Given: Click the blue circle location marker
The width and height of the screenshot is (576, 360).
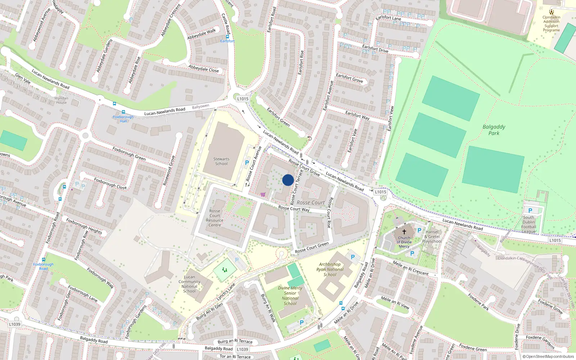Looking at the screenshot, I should (x=288, y=180).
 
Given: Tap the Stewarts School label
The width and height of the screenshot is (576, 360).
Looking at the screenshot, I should (x=221, y=161).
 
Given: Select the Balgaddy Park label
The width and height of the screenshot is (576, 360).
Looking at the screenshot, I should (x=494, y=130).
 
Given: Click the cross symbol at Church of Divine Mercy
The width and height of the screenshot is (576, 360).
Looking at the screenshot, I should (x=404, y=232).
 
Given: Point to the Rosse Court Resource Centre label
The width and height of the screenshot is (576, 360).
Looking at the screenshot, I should (x=215, y=218).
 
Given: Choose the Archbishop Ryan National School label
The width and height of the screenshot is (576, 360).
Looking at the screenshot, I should (x=330, y=269).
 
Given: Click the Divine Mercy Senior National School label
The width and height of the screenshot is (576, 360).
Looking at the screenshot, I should (x=290, y=296).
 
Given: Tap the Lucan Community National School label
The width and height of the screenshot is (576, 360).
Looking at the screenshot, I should (x=189, y=284).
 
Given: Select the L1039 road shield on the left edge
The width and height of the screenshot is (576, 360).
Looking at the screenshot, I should (x=15, y=324).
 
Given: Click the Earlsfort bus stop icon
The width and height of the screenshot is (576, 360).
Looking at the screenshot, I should (x=227, y=37).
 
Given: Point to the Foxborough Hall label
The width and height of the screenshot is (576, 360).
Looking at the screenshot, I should (x=123, y=119).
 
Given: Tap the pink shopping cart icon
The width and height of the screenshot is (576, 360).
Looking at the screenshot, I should (x=263, y=195).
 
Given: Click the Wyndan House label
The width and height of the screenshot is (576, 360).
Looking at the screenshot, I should (x=61, y=100).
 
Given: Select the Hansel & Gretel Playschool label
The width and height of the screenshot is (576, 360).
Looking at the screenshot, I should (x=432, y=237).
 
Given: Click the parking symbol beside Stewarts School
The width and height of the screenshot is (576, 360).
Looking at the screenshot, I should (x=247, y=163).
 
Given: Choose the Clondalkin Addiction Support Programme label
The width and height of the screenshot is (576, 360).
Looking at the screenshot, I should (x=552, y=23).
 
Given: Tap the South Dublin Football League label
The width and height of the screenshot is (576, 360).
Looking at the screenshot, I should (x=528, y=224).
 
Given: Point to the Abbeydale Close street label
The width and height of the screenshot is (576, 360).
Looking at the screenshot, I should (x=203, y=68).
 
